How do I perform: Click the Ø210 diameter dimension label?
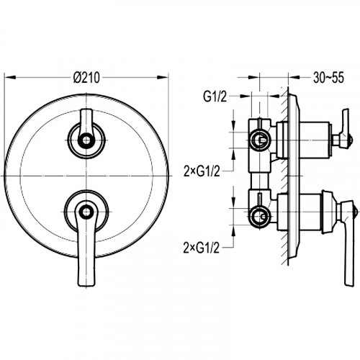pos(86,78)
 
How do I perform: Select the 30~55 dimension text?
pos(328,78)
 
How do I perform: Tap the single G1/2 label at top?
pos(215,96)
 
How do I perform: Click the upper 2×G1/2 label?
pos(202,171)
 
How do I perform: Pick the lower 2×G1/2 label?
pos(202,248)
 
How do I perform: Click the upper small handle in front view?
pos(86,125)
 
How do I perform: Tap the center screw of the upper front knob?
pos(86,140)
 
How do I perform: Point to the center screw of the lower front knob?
pos(86,212)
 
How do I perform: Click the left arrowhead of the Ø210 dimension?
pos(10,77)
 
